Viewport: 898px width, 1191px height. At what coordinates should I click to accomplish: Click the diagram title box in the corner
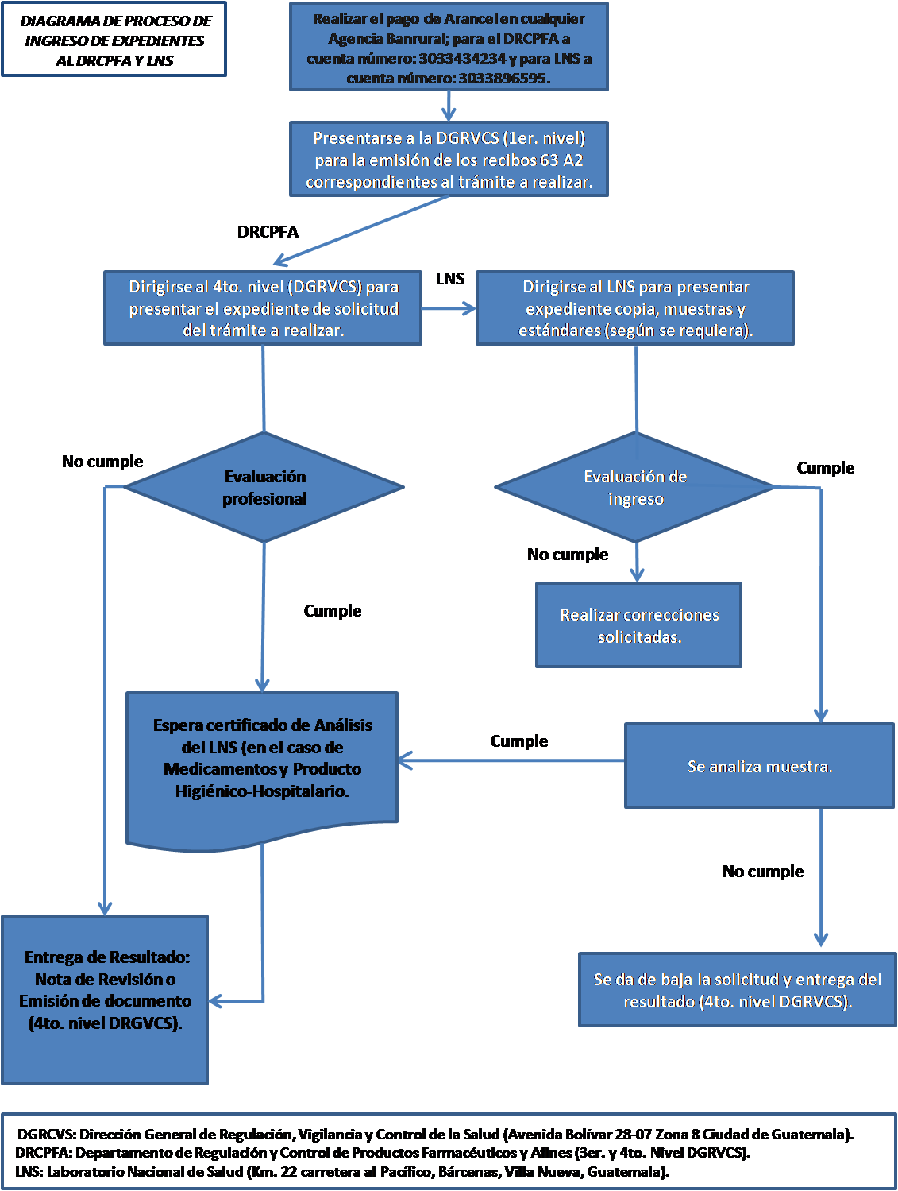coord(114,41)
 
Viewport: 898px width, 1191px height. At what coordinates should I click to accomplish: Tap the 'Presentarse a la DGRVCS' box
coord(449,160)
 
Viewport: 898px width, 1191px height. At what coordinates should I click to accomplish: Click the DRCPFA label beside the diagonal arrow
coord(268,232)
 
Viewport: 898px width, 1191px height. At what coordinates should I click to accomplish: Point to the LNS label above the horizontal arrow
coord(449,279)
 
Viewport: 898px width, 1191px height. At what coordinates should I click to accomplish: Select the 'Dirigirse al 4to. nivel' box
coord(263,308)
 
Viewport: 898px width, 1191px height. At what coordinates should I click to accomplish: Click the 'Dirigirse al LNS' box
coord(635,308)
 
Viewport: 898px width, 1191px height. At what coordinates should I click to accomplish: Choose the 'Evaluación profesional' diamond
coord(264,488)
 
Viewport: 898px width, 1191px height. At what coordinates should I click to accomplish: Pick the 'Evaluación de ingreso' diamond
coord(635,488)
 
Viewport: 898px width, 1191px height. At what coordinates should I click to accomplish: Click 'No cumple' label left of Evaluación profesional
coord(102,462)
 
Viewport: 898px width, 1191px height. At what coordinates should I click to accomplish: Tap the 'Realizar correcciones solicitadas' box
coord(639,625)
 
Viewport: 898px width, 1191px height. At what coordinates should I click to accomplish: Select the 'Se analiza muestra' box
coord(759,766)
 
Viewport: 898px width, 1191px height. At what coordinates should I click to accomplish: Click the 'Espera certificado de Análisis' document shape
coord(262,759)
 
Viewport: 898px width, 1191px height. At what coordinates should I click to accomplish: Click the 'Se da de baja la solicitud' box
coord(737,990)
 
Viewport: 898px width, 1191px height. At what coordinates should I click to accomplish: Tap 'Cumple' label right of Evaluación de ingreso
coord(825,468)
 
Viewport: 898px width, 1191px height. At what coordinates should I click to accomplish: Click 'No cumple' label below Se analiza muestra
coord(762,872)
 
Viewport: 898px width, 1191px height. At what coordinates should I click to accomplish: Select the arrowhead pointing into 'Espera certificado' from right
coord(405,761)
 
